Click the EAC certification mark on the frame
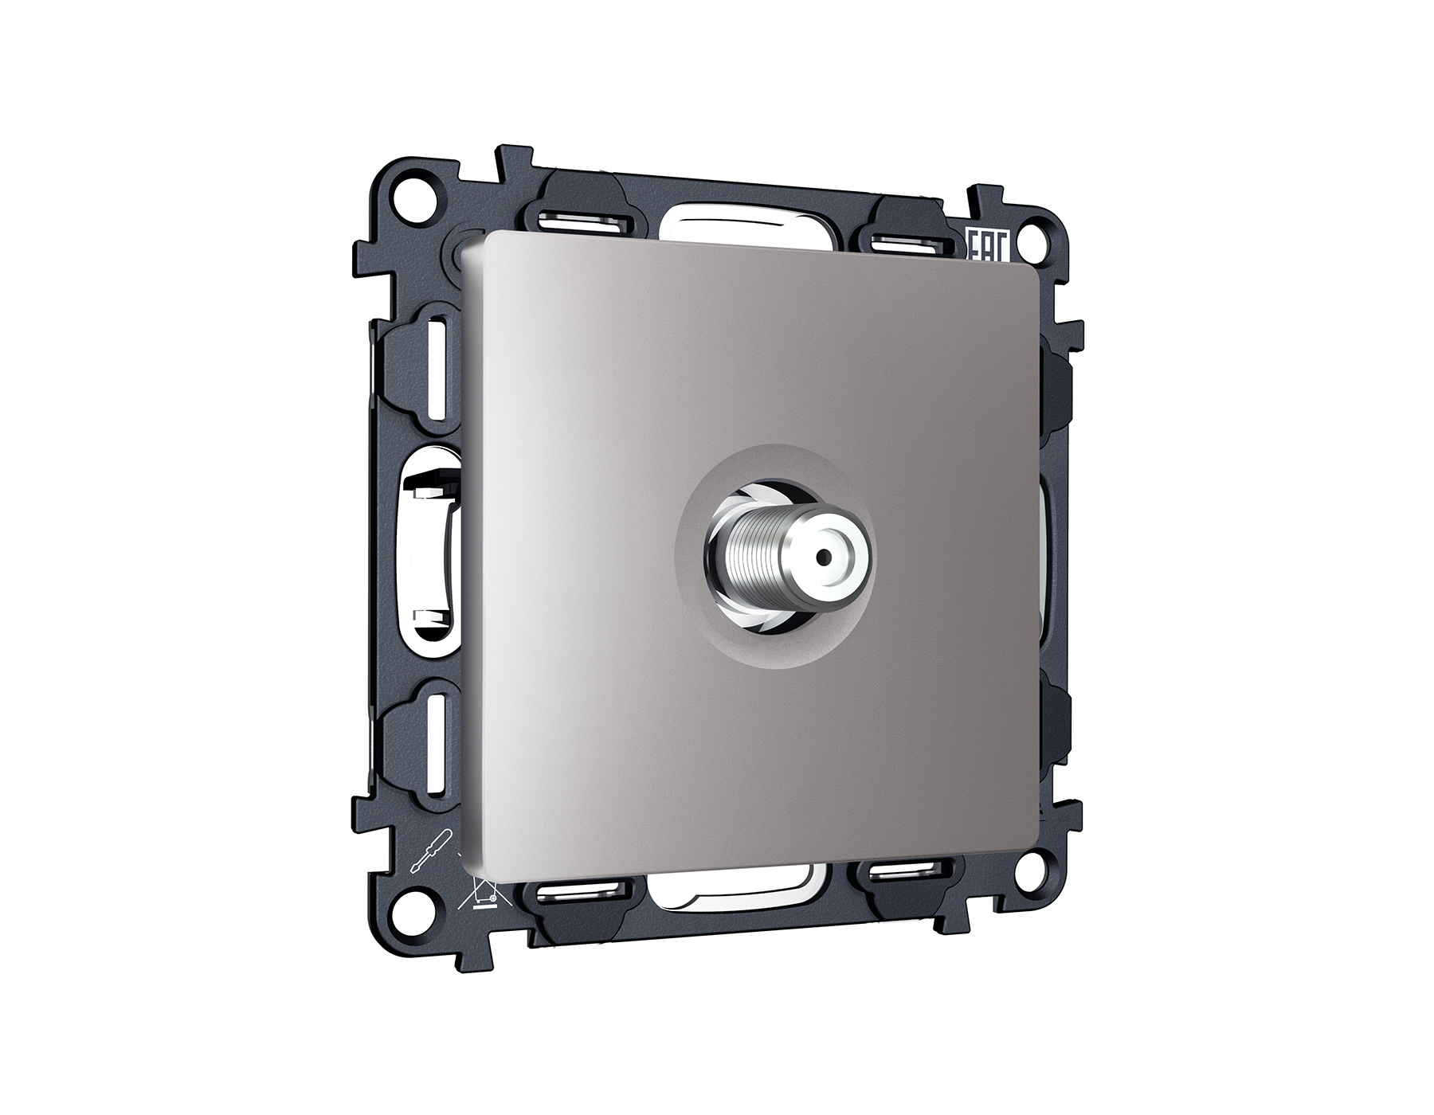[x=987, y=244]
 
